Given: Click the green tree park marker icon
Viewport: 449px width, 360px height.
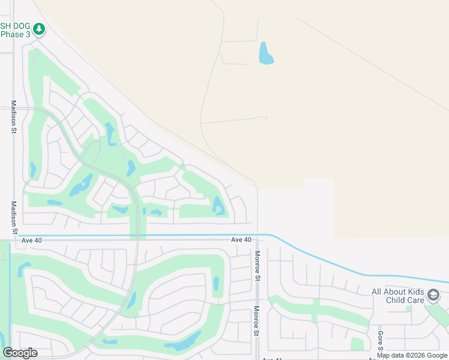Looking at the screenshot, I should [39, 28].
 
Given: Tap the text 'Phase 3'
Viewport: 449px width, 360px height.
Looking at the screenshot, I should [15, 35].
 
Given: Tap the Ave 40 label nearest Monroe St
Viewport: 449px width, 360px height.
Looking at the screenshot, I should [241, 240].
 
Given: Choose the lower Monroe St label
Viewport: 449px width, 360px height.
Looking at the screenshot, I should [257, 322].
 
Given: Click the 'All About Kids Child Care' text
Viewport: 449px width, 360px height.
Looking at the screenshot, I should [398, 296].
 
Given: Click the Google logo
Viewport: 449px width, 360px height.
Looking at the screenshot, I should [20, 353].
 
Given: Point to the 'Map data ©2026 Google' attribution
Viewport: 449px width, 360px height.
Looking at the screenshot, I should [412, 356].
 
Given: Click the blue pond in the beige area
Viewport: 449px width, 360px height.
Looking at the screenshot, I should [265, 54].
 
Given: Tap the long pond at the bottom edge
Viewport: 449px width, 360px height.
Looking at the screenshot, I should [184, 342].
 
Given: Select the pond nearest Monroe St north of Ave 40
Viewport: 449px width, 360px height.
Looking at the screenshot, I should [218, 206].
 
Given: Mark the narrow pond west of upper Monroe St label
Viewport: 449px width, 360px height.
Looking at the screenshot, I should [216, 284].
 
